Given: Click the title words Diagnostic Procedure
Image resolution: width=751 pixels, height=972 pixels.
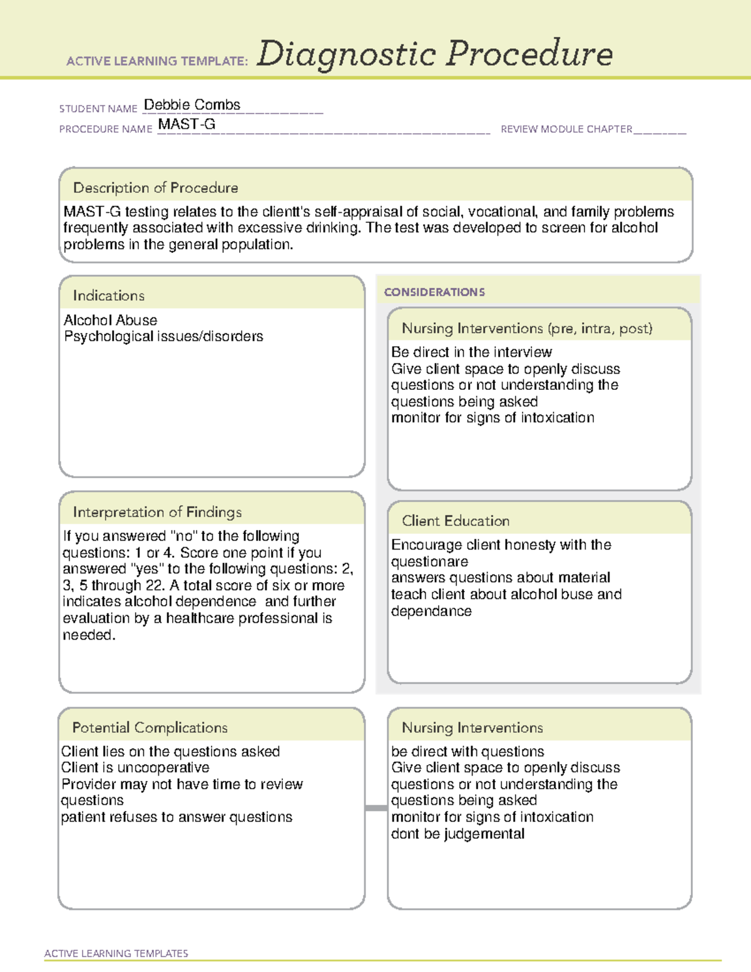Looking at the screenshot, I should coord(434,54).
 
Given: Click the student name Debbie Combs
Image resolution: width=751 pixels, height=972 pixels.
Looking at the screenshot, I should coord(192,105).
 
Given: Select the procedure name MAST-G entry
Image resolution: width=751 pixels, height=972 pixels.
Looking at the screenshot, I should coord(186,125).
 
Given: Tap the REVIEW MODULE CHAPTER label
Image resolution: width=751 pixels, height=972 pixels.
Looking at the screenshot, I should coord(566,130).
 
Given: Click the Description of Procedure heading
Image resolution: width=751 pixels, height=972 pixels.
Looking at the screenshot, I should coord(155,188).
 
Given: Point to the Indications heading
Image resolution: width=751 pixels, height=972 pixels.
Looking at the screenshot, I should coord(108,295).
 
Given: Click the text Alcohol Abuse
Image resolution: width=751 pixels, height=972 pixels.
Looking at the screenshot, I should coord(110,320).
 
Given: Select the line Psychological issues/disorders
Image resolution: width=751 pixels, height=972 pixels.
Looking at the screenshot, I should coord(163,337).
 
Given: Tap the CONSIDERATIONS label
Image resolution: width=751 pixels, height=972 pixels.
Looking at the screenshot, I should coord(434,292).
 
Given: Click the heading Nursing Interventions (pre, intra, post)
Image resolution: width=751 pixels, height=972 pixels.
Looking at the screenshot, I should coord(526,329).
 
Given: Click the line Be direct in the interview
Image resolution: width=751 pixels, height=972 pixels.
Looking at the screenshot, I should coord(471,352).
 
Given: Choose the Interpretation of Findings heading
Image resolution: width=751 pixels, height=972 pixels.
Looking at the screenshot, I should coord(157,512).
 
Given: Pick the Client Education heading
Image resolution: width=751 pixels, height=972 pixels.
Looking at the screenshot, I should coord(455,521).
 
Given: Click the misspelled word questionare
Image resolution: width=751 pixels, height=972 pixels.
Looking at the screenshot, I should coord(429,561).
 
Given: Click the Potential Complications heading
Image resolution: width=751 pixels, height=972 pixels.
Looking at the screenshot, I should coord(150,728).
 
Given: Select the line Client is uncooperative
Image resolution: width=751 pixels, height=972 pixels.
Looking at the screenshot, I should coord(135,767).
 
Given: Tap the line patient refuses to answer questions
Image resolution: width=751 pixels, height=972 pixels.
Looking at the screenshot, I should coord(176,817).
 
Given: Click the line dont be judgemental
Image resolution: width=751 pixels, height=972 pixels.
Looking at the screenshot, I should coord(457,834).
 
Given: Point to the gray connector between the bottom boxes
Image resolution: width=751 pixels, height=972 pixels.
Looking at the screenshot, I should coord(376,808).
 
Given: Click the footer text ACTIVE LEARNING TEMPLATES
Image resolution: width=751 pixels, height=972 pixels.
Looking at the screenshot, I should coord(116,953).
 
